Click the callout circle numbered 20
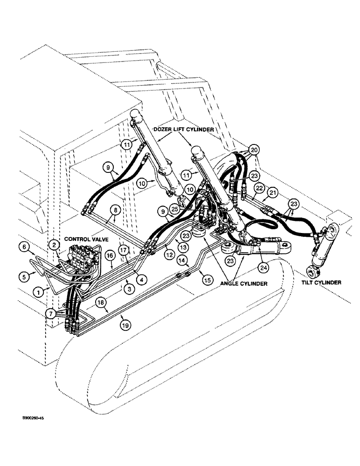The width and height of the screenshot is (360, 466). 254,150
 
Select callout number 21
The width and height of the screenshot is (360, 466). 272,192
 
